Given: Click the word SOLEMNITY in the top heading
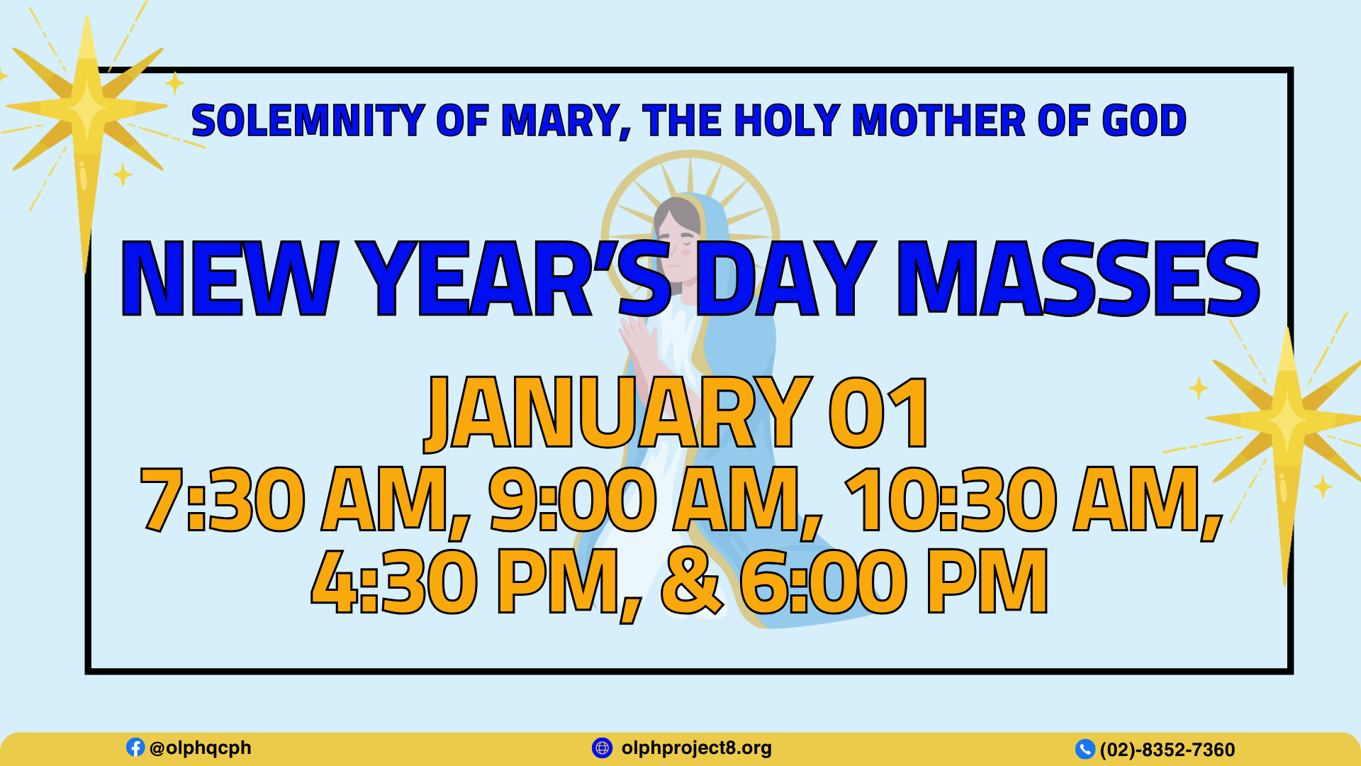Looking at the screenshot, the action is click(308, 121).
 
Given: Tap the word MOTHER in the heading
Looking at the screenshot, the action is click(939, 121).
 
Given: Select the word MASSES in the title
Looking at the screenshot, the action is click(1078, 278).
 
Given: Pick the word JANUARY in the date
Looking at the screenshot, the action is click(617, 413).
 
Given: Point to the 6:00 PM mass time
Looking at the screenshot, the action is click(894, 582).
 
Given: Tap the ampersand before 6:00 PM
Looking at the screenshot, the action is click(692, 582).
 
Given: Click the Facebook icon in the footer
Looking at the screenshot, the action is click(135, 747).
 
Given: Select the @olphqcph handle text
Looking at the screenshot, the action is click(201, 748).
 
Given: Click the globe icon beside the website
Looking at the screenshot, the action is click(602, 748).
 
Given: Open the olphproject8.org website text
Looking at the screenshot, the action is click(697, 748).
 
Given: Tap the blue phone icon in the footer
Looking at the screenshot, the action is click(1085, 749).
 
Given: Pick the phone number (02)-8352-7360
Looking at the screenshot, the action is click(1167, 750).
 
